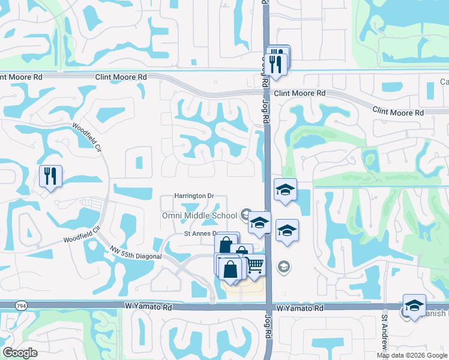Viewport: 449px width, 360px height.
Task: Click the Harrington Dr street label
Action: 194,196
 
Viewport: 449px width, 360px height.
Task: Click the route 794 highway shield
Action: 6,306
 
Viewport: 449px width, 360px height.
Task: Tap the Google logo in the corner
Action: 20,353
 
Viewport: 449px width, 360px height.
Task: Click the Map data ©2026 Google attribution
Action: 412,355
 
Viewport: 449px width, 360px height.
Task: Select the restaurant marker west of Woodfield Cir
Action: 50,176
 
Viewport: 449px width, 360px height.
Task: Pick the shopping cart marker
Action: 255,265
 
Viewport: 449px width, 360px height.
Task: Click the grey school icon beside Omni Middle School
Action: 246,214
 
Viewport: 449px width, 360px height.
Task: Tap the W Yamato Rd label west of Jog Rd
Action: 148,307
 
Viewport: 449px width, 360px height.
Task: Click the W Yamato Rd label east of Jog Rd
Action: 300,308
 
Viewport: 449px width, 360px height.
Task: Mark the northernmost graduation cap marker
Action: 285,190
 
